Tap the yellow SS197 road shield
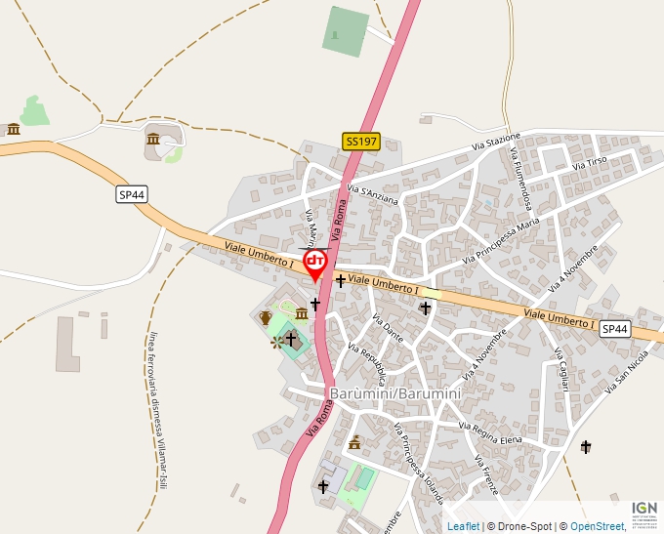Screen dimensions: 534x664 coord(361,142)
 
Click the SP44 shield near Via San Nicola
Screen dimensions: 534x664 coord(615,329)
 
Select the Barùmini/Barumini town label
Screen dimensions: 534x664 coord(395,392)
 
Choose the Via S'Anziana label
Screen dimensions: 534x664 coord(373,194)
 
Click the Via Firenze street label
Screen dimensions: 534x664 coord(485,475)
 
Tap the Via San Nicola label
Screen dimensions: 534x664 coord(626,373)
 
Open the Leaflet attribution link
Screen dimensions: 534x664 coord(463,526)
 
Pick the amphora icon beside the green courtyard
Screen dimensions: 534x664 coord(265,317)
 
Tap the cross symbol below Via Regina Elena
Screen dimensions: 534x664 coord(586,447)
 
